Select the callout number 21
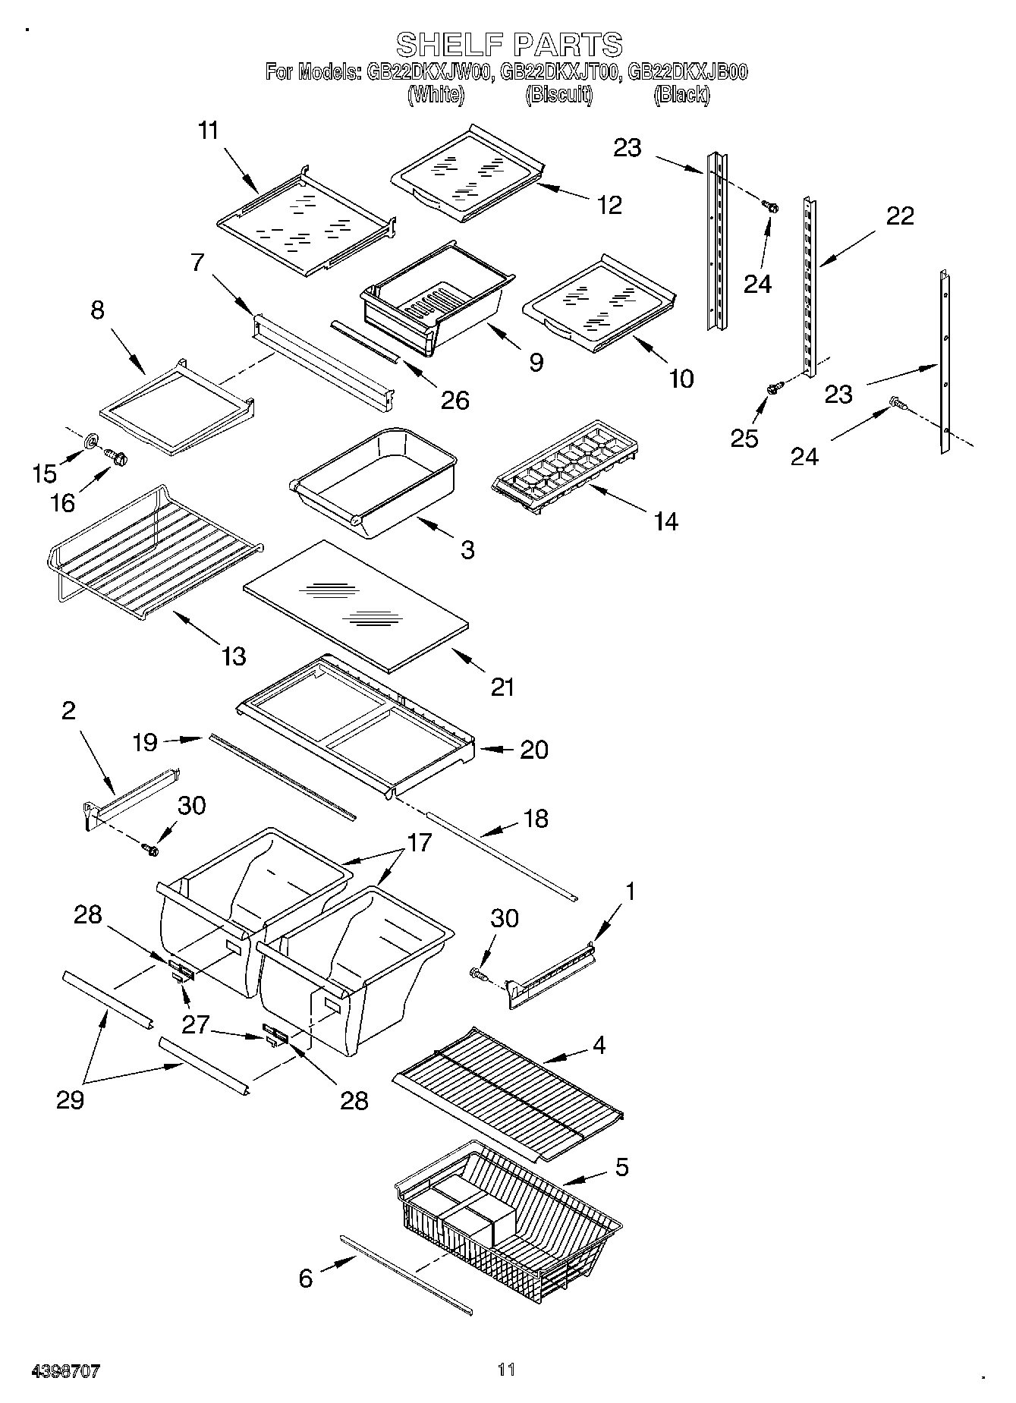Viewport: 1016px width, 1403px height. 502,687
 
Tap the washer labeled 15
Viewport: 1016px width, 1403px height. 92,440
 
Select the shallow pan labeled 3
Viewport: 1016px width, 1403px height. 376,484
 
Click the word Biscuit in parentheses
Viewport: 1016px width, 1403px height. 559,95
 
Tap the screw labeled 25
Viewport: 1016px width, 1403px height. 773,388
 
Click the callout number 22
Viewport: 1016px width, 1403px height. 900,216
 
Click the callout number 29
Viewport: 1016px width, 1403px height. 70,1099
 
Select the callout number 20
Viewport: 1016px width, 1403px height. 533,750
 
